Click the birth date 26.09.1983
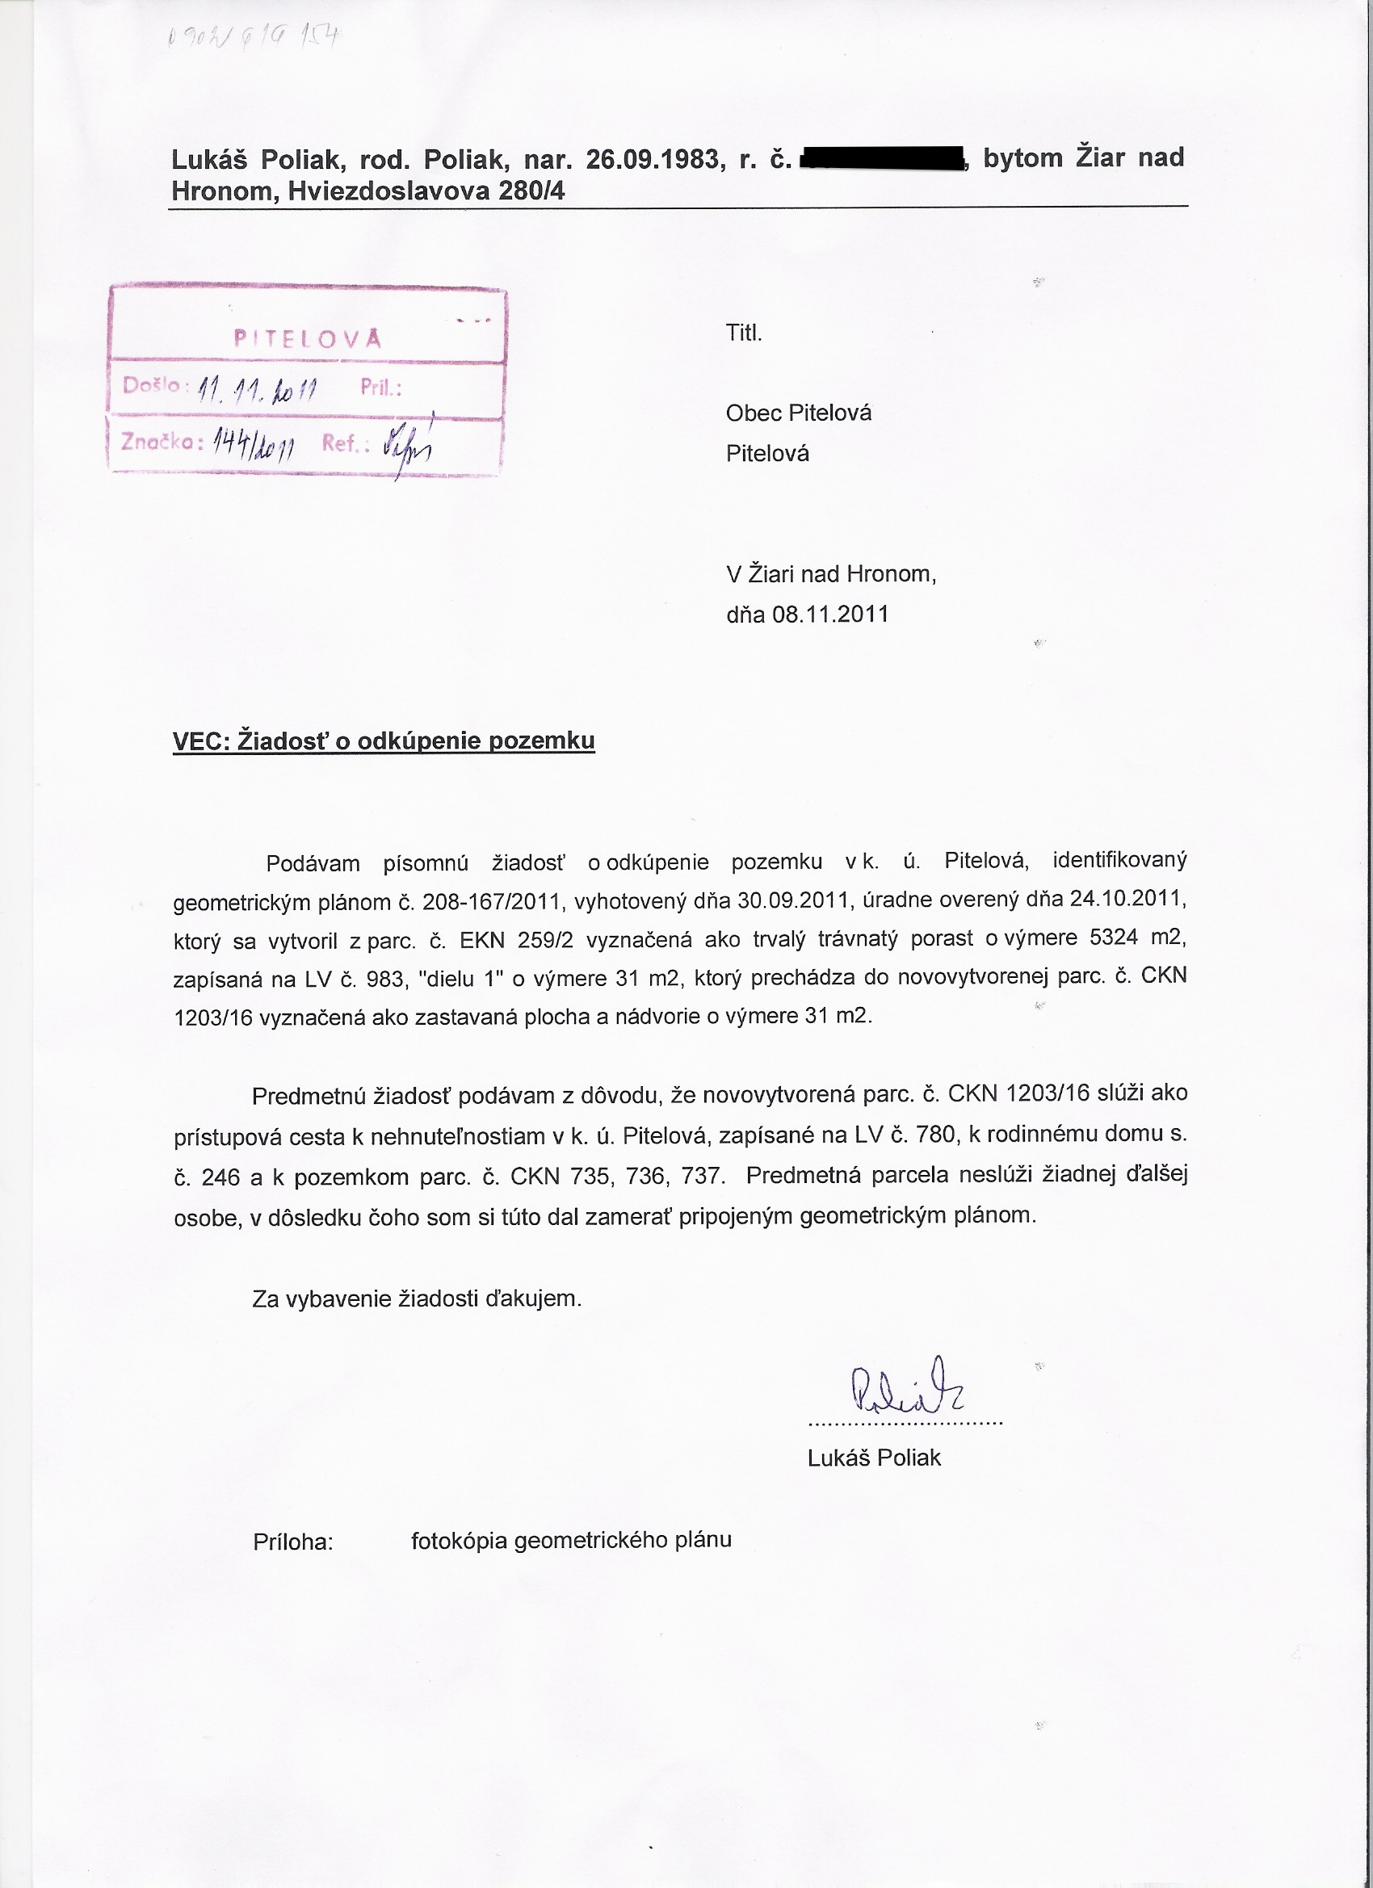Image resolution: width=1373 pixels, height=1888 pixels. (652, 158)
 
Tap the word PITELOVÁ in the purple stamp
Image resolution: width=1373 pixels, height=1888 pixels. (307, 339)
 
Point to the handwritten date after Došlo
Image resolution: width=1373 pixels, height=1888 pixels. (260, 388)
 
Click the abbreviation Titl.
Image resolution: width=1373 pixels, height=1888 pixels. (744, 334)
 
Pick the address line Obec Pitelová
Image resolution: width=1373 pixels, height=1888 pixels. (798, 413)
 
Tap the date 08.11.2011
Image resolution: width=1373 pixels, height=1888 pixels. (830, 615)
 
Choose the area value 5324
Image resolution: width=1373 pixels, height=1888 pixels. (1113, 938)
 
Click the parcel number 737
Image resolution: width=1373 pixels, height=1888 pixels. (700, 1176)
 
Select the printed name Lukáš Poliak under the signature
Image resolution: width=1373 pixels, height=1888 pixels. (873, 1458)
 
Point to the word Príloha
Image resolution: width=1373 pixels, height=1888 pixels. (292, 1542)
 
